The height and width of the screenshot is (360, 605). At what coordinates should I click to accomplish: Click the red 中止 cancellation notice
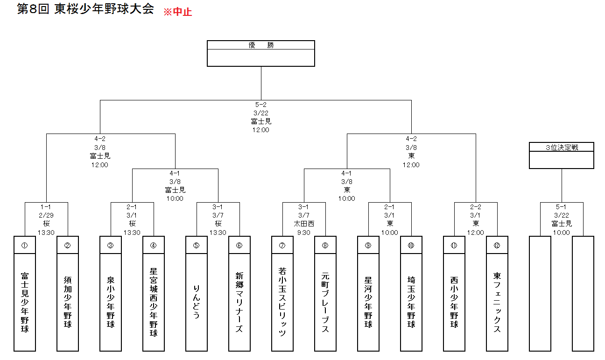[x=178, y=12]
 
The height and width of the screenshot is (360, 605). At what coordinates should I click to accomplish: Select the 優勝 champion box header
[x=261, y=45]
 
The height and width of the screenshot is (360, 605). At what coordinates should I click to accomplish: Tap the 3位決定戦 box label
[x=562, y=147]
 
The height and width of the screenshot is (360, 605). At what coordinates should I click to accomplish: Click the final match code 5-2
[x=261, y=105]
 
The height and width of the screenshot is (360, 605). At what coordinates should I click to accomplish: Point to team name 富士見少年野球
[x=25, y=302]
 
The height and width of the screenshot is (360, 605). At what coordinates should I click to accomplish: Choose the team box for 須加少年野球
[x=68, y=294]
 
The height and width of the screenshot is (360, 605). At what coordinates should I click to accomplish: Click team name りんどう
[x=197, y=302]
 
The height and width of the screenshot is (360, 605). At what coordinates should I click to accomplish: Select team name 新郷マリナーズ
[x=239, y=302]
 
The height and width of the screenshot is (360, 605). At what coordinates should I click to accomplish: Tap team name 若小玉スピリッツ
[x=282, y=302]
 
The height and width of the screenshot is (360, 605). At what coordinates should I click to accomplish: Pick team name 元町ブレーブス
[x=325, y=302]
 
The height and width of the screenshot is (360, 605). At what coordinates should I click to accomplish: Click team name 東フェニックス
[x=497, y=302]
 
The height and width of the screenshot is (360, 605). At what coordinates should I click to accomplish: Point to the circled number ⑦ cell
[x=282, y=245]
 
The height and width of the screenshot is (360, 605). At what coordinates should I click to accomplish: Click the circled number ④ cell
[x=154, y=245]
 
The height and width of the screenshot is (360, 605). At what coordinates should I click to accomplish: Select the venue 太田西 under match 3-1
[x=304, y=224]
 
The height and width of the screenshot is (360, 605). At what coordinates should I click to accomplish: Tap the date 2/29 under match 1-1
[x=46, y=215]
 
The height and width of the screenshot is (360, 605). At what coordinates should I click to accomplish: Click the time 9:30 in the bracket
[x=304, y=233]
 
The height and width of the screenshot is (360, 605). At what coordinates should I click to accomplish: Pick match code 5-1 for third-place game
[x=561, y=207]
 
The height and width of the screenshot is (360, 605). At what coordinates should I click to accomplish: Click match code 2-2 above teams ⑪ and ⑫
[x=476, y=207]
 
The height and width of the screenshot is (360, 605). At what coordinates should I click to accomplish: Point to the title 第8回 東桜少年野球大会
[x=85, y=9]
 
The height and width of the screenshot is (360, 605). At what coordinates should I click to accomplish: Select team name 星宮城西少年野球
[x=154, y=302]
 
